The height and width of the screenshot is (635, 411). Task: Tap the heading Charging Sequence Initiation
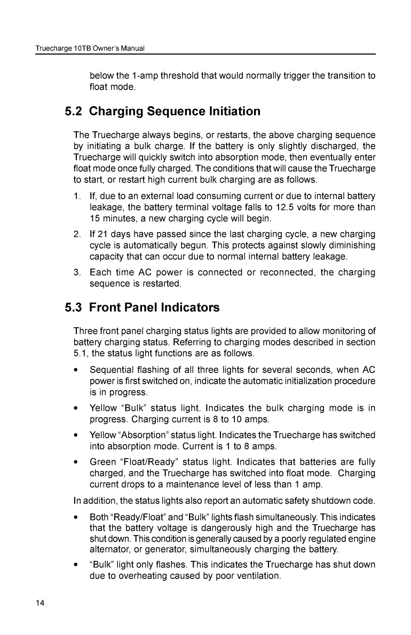[175, 112]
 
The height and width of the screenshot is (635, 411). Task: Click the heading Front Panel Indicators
[154, 308]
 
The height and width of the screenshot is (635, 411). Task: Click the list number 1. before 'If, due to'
[77, 197]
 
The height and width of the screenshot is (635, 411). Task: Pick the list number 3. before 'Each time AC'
[77, 273]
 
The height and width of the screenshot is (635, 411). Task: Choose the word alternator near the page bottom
[110, 550]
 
